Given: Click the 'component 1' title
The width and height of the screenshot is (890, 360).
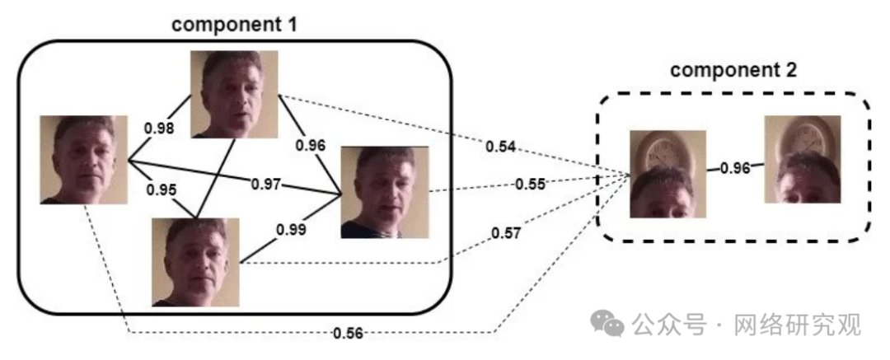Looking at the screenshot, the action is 233,23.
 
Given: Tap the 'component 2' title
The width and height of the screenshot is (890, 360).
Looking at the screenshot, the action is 733,70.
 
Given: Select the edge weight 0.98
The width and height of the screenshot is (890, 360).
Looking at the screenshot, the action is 160,128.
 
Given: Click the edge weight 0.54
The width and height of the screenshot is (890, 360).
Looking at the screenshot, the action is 500,147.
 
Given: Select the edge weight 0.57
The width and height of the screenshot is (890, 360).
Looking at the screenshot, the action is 505,233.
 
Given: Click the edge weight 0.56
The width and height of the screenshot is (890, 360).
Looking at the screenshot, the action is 349,333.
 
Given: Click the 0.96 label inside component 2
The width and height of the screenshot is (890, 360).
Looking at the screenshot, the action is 735,168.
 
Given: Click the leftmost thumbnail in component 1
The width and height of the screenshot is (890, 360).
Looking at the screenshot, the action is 83,160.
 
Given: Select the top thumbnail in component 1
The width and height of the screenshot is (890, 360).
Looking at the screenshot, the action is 234,93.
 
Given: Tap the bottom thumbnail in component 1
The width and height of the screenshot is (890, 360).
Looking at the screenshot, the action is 196,262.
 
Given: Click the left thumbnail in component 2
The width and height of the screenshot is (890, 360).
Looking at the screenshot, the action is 667,174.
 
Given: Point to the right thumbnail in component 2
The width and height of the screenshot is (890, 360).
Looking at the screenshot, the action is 802,160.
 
